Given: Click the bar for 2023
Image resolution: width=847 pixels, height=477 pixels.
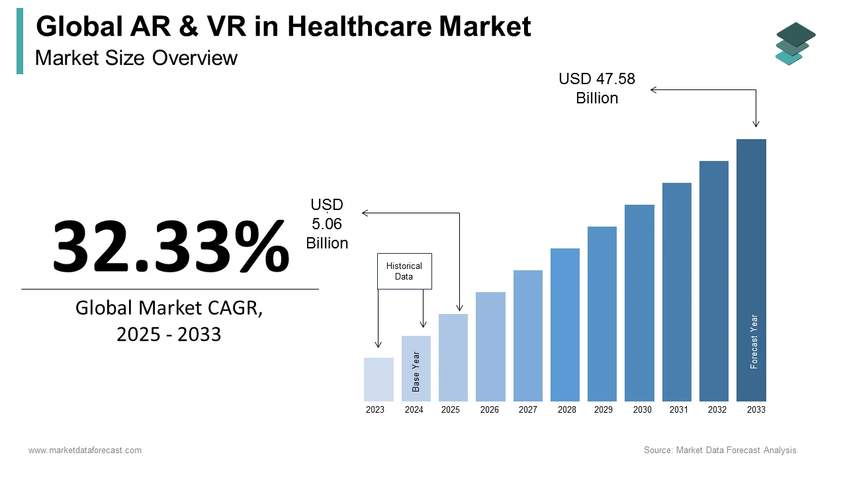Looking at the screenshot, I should tap(379, 379).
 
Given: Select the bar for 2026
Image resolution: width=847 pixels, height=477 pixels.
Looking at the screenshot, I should tap(490, 346).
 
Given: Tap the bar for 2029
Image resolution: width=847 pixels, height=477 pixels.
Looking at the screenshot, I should tap(602, 313).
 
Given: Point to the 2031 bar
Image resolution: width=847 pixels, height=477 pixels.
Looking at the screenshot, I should tap(677, 291).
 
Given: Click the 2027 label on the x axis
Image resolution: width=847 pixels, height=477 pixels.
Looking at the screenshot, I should tap(528, 409).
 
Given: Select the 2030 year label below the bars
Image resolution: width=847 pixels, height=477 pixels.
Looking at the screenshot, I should tap(642, 409).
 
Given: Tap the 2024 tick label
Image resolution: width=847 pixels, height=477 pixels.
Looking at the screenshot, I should tap(414, 409).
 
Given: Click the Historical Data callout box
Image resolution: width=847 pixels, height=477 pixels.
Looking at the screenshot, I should tap(404, 271).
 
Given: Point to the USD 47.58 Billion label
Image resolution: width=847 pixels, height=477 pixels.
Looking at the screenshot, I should tap(597, 88).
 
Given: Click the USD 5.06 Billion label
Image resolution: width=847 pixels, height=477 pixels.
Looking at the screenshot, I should tap(327, 224).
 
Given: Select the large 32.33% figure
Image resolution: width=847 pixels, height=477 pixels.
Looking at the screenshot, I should tap(171, 246).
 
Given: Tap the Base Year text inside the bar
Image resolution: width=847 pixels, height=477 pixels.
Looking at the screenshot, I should tap(416, 371).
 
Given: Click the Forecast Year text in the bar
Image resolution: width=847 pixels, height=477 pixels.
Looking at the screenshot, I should tap(754, 341).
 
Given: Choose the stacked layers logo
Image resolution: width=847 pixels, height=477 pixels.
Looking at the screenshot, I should tap(795, 43).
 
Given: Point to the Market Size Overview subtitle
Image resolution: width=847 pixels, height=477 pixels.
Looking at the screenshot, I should tap(136, 58).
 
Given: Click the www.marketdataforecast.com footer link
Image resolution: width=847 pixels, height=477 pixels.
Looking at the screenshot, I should tap(85, 450).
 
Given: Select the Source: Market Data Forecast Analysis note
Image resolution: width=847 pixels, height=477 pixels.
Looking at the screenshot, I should tap(720, 450).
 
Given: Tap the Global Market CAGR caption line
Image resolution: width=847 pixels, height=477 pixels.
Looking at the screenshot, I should tap(169, 308).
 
